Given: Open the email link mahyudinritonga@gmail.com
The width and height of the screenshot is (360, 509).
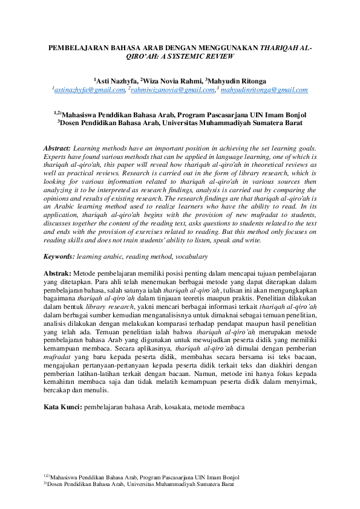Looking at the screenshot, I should click(x=264, y=90).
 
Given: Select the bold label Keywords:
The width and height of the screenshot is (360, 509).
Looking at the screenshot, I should click(x=61, y=257).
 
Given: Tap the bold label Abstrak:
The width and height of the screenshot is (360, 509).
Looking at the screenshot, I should click(x=58, y=274).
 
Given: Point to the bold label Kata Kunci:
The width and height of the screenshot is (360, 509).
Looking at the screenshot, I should click(x=63, y=407).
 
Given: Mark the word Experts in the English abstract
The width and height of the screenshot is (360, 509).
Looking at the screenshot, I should click(x=59, y=156).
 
